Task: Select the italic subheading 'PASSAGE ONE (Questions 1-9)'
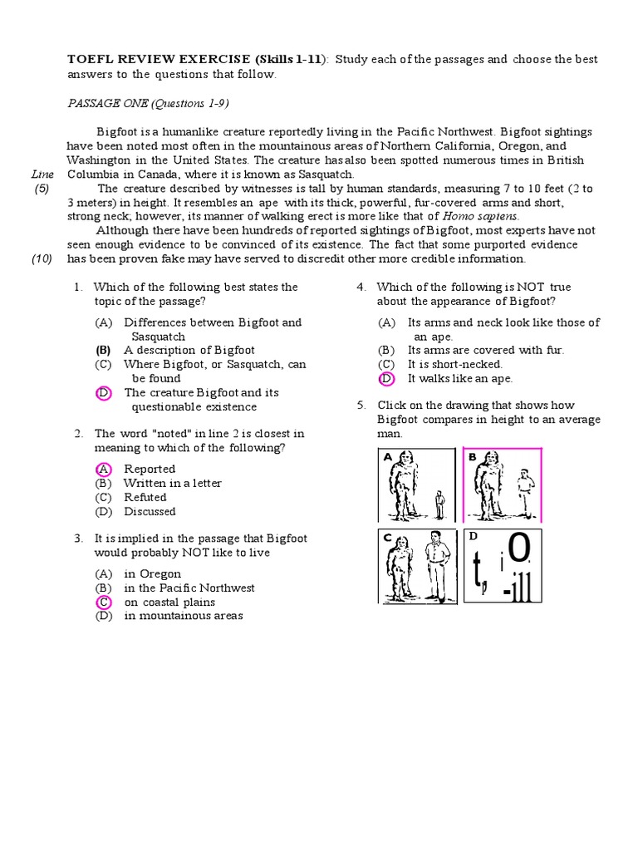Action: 148,103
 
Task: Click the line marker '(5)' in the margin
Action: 42,189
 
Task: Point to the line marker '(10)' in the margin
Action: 42,258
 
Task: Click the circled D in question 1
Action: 103,392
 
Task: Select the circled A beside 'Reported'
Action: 103,469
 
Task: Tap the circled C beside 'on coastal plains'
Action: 103,602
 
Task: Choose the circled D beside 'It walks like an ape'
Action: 386,378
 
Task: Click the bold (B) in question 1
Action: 103,350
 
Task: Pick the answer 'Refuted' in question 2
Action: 145,497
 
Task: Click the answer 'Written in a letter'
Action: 173,483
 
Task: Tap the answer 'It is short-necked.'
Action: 455,364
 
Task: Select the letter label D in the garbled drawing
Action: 474,536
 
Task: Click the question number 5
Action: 361,406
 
